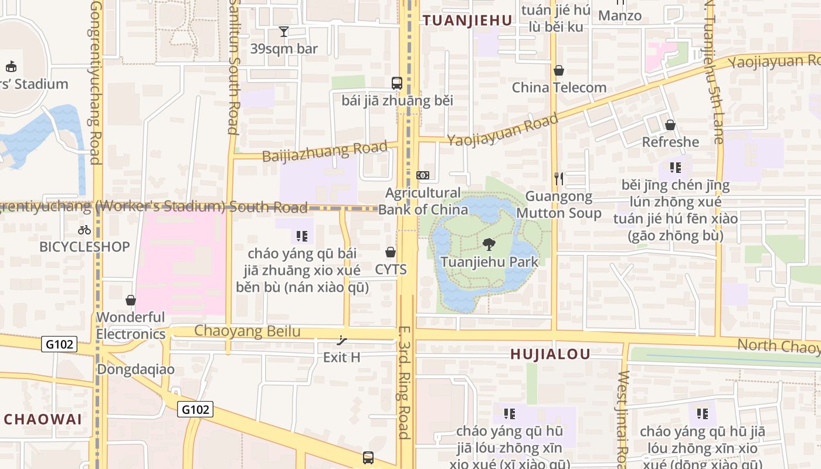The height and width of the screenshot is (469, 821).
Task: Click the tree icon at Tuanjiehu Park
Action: point(488,244)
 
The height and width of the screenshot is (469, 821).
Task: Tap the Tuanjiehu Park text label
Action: point(489,261)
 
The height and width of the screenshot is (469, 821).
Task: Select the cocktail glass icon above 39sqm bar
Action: point(284,32)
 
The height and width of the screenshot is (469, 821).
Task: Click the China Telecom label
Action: point(559,87)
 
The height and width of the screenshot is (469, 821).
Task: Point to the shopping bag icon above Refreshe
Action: point(670,125)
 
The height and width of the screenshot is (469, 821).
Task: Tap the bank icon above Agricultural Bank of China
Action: point(423,175)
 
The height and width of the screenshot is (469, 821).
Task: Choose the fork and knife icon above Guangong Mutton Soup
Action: point(559,178)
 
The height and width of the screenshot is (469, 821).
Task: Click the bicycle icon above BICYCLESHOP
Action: point(84,230)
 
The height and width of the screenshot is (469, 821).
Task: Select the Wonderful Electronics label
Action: point(130,325)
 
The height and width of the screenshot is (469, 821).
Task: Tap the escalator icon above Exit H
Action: point(342,341)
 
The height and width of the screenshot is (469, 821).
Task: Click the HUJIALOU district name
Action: point(550,354)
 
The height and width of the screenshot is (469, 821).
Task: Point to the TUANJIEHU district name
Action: point(467,21)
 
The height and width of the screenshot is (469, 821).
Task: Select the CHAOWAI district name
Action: point(43,419)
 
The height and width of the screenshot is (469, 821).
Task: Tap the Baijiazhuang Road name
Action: point(325,151)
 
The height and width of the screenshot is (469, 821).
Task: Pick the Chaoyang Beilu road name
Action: point(247,331)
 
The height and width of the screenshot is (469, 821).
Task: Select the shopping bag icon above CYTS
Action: point(391,252)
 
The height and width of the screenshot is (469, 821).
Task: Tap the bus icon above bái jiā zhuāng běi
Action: point(397,83)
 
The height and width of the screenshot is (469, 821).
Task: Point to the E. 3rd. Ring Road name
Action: point(403,382)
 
